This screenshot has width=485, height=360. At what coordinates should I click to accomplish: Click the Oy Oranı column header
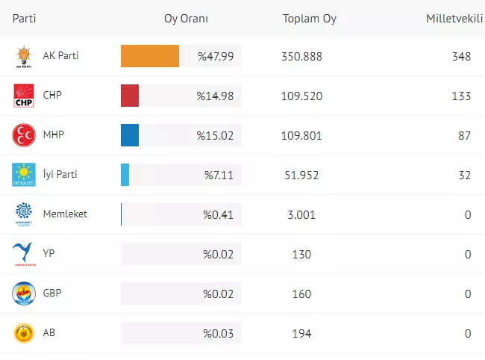186,19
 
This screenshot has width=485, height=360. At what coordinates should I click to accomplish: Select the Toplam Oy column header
309,19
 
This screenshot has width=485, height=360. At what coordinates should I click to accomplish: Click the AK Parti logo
24,57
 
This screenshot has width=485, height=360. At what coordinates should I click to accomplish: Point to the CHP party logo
24,96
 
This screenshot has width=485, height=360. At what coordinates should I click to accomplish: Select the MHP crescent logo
24,135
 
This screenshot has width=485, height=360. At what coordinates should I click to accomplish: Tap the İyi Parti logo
24,175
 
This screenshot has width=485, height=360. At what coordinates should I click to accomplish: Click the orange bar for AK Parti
150,56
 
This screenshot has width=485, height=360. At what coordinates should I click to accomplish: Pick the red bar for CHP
130,96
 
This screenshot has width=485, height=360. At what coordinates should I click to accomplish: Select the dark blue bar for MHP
130,135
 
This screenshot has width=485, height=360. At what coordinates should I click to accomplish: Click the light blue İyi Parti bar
125,175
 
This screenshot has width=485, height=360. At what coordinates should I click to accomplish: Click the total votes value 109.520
301,96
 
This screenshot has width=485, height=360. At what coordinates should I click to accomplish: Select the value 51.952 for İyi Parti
301,175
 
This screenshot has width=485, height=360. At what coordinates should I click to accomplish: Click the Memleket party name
65,214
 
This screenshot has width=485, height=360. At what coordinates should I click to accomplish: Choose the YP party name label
49,254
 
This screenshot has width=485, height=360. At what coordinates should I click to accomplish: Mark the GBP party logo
24,294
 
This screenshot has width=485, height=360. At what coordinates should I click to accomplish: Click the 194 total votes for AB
301,333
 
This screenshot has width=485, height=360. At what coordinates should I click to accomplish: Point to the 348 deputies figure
461,56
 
